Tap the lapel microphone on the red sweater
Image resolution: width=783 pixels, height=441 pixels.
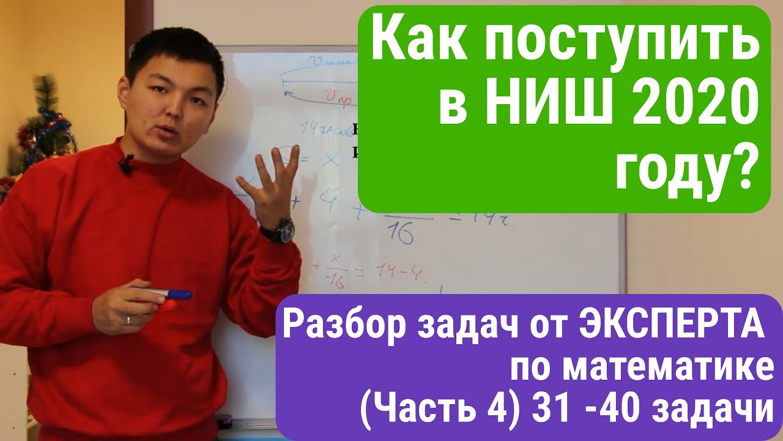pos(127,164)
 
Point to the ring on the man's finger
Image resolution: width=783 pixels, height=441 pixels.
pos(128,319)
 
